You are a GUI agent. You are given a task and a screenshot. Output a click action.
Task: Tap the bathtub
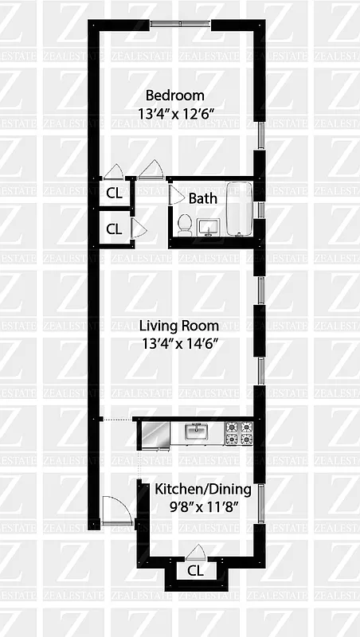239,209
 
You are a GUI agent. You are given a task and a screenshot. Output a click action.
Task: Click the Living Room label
178,326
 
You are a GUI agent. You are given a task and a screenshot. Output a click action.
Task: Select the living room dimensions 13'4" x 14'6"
178,344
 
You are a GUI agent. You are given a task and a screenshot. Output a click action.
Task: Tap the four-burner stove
239,432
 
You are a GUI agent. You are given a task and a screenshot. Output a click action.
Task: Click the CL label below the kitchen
195,570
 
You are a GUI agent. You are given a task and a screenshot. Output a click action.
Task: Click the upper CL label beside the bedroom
114,193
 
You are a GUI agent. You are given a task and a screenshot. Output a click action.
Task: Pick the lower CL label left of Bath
114,229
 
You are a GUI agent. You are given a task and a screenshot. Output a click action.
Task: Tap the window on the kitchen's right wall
260,498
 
